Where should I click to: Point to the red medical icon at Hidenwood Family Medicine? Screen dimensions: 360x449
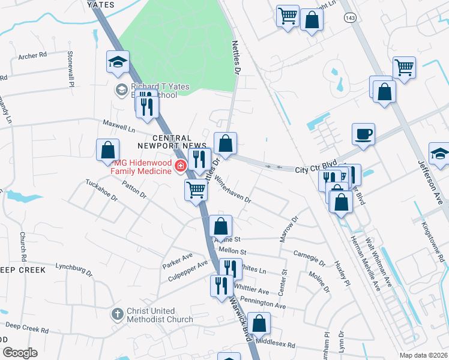(179, 166)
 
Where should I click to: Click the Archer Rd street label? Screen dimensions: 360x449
(32, 56)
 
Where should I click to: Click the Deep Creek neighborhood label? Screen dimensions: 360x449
(23, 270)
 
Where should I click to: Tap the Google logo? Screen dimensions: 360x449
(19, 353)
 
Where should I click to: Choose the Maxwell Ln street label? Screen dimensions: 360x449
(118, 127)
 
